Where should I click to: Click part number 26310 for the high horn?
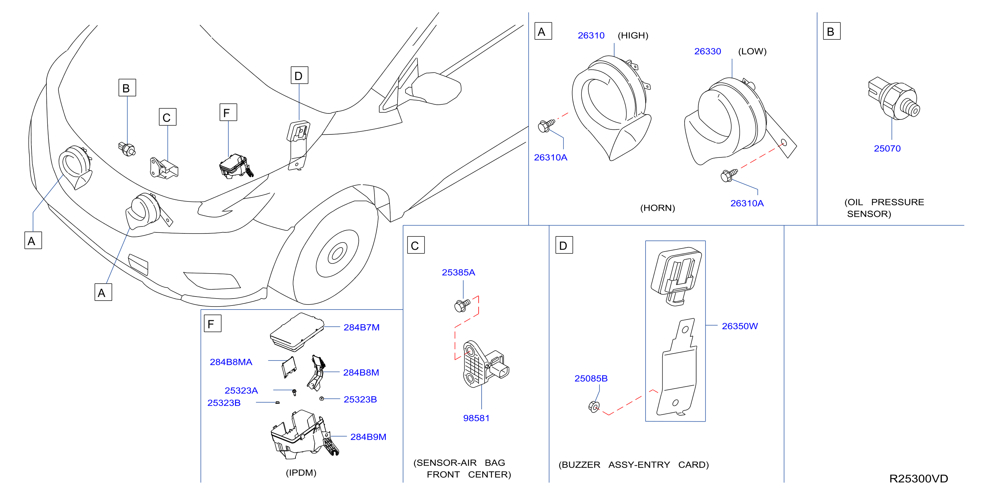point(591,35)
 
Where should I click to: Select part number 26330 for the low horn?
point(707,51)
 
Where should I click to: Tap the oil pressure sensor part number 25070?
point(887,148)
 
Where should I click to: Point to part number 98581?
point(476,418)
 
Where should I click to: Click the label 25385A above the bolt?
point(458,272)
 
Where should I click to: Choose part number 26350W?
point(739,326)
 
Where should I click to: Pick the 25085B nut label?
point(591,378)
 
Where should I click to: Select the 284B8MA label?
point(231,362)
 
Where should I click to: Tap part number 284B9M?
point(368,437)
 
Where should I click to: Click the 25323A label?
point(241,390)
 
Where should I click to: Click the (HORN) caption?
point(657,208)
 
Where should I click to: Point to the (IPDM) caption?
point(301,472)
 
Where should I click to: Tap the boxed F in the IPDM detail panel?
point(212,324)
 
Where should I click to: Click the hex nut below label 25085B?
point(593,406)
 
